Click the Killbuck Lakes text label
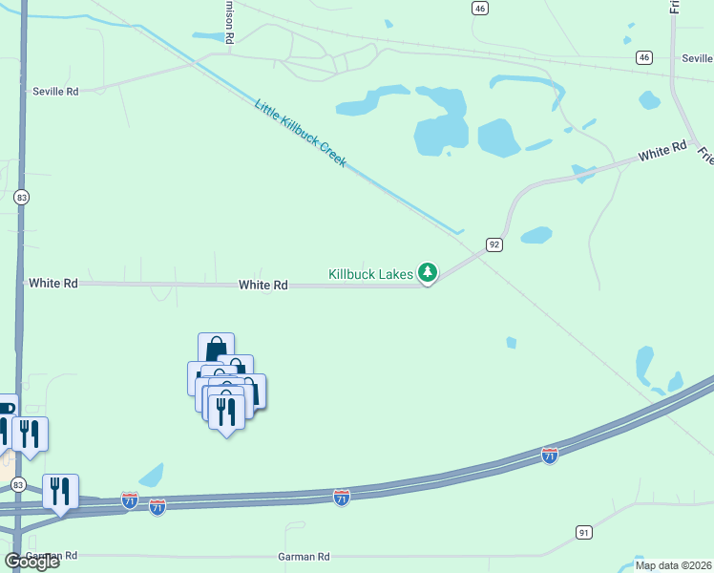pos(371,274)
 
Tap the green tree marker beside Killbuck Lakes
pos(429,274)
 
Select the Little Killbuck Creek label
pos(300,132)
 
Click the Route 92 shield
pos(493,244)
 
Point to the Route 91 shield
pos(584,531)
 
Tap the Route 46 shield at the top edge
pos(479,8)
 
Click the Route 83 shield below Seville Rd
pos(22,197)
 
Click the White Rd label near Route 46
pos(662,151)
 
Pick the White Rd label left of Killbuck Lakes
pos(262,285)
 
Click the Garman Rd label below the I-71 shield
pos(303,556)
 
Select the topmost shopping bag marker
pos(216,348)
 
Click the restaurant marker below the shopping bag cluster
pos(226,412)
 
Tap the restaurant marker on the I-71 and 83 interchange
pos(60,491)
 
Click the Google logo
pos(31,561)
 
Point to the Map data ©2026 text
pos(673,565)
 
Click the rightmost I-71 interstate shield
pos(549,456)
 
